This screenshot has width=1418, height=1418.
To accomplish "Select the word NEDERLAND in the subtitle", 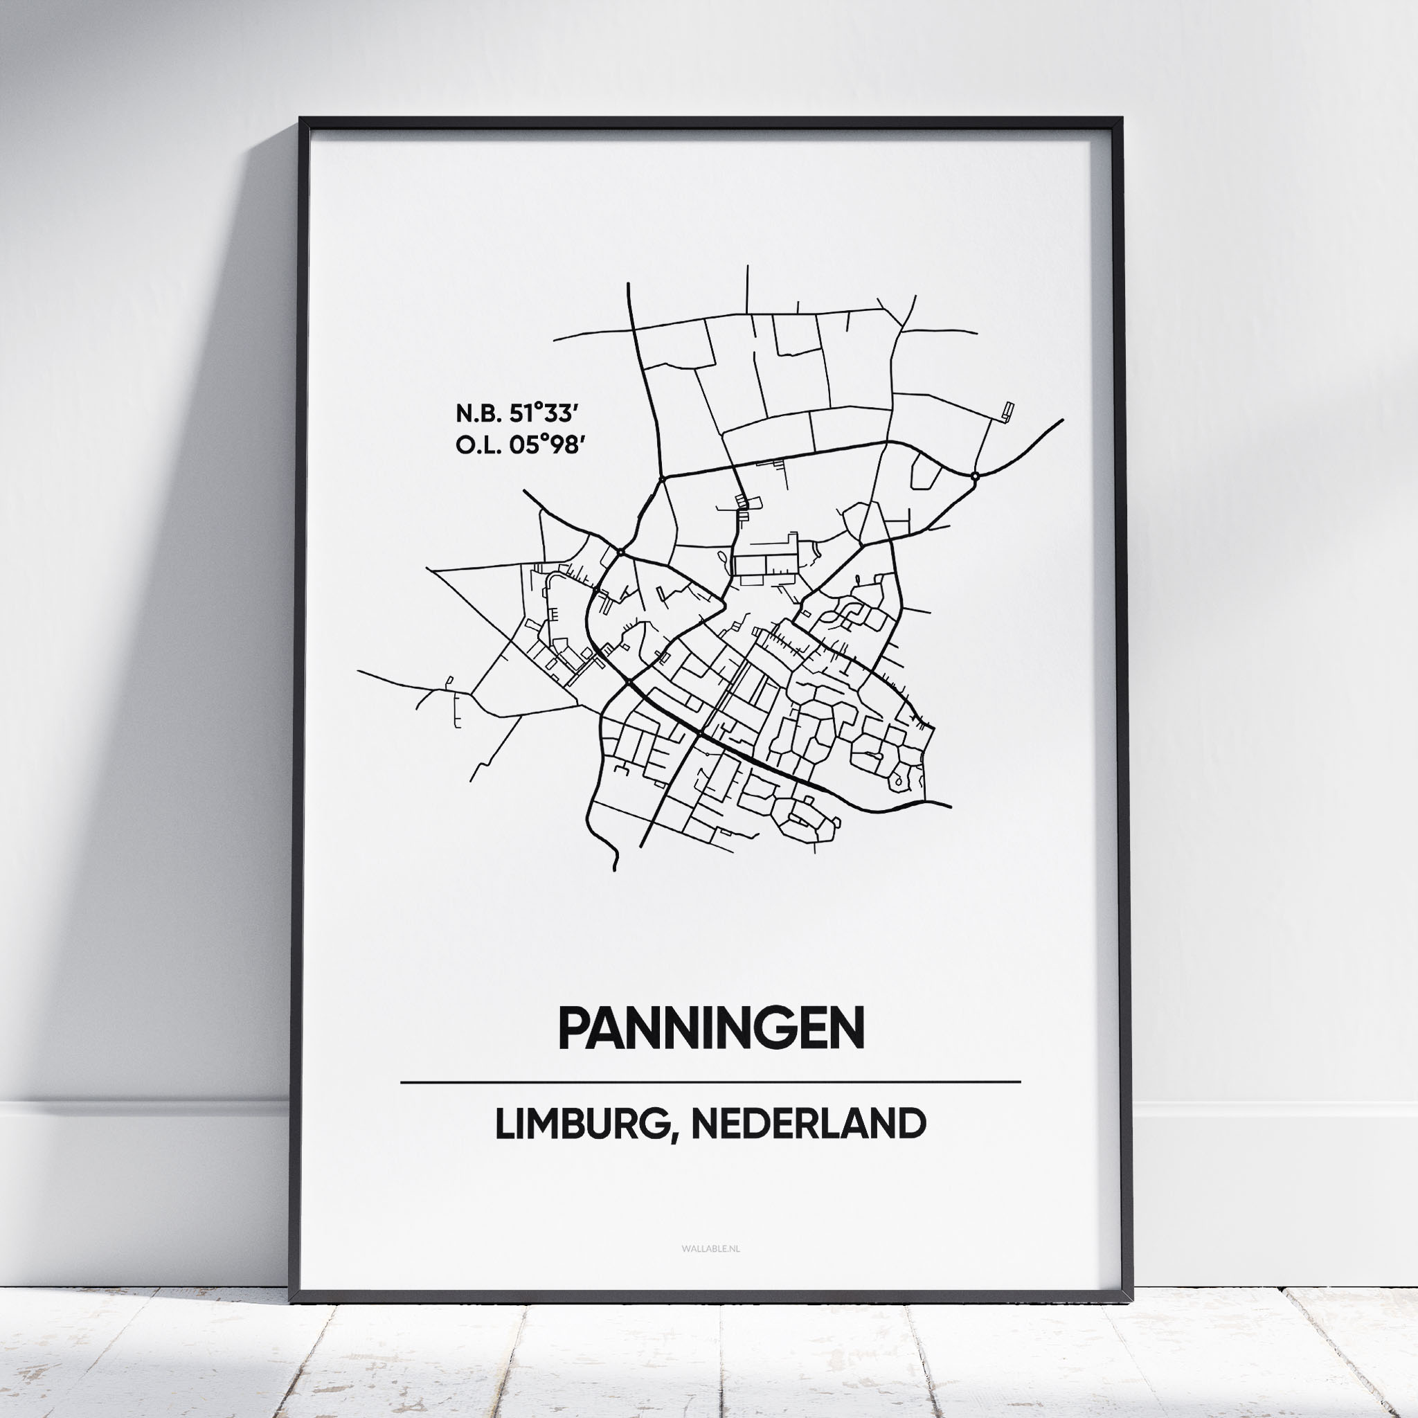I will [808, 1124].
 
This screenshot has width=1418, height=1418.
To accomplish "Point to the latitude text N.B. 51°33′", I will [513, 414].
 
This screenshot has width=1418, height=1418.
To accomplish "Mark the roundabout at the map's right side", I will [975, 476].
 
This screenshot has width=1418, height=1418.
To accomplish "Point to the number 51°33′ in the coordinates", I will [541, 414].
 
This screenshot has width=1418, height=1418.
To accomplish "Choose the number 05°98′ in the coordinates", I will [548, 444].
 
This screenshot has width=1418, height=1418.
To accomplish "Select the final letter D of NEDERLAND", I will [912, 1124].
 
